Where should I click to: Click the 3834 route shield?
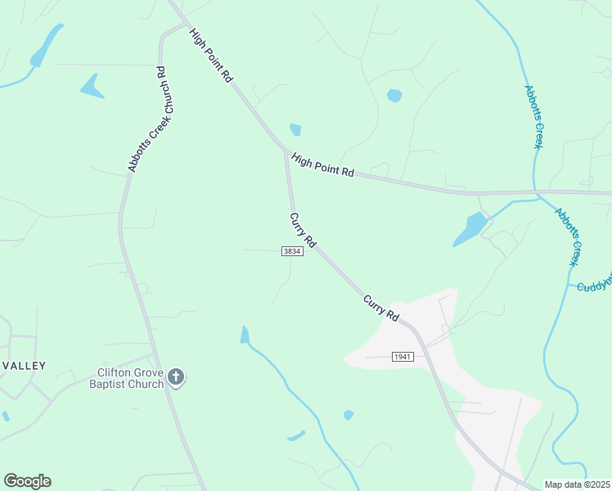[x=293, y=251]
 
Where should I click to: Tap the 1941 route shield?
[x=403, y=357]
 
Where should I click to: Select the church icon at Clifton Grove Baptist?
[x=176, y=377]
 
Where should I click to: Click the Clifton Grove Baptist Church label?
[x=131, y=377]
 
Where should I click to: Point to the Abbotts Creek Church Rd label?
[x=147, y=119]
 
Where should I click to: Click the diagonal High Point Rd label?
[x=212, y=55]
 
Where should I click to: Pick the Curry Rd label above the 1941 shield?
[x=381, y=308]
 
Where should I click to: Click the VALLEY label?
[x=24, y=366]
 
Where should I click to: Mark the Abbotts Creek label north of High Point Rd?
[x=533, y=116]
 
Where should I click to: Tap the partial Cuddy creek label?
[x=594, y=283]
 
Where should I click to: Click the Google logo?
[x=27, y=481]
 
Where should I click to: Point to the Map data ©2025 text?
[x=577, y=484]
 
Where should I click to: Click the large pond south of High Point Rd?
[x=470, y=229]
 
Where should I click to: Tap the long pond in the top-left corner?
[x=47, y=45]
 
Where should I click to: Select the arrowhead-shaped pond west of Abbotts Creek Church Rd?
[x=92, y=86]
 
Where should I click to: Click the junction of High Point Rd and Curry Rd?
[x=286, y=151]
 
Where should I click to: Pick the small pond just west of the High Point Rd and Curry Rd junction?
[x=295, y=129]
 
